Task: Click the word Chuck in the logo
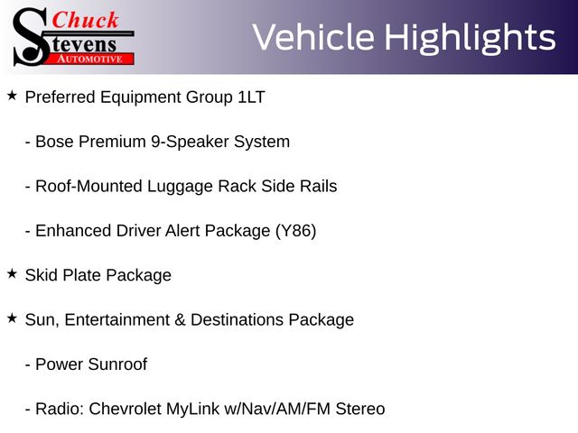(x=85, y=20)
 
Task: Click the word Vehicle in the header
(x=313, y=37)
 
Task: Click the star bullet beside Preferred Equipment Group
(x=12, y=96)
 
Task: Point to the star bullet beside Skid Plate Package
(x=12, y=273)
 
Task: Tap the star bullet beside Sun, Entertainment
(x=12, y=318)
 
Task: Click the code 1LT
(x=252, y=97)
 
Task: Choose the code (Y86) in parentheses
(x=295, y=231)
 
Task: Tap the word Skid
(x=42, y=275)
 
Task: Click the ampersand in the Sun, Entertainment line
(x=180, y=319)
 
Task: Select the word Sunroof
(x=117, y=364)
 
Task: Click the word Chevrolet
(x=125, y=409)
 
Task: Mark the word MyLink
(x=192, y=410)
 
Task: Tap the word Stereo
(x=360, y=409)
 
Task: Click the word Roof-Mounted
(x=89, y=187)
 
